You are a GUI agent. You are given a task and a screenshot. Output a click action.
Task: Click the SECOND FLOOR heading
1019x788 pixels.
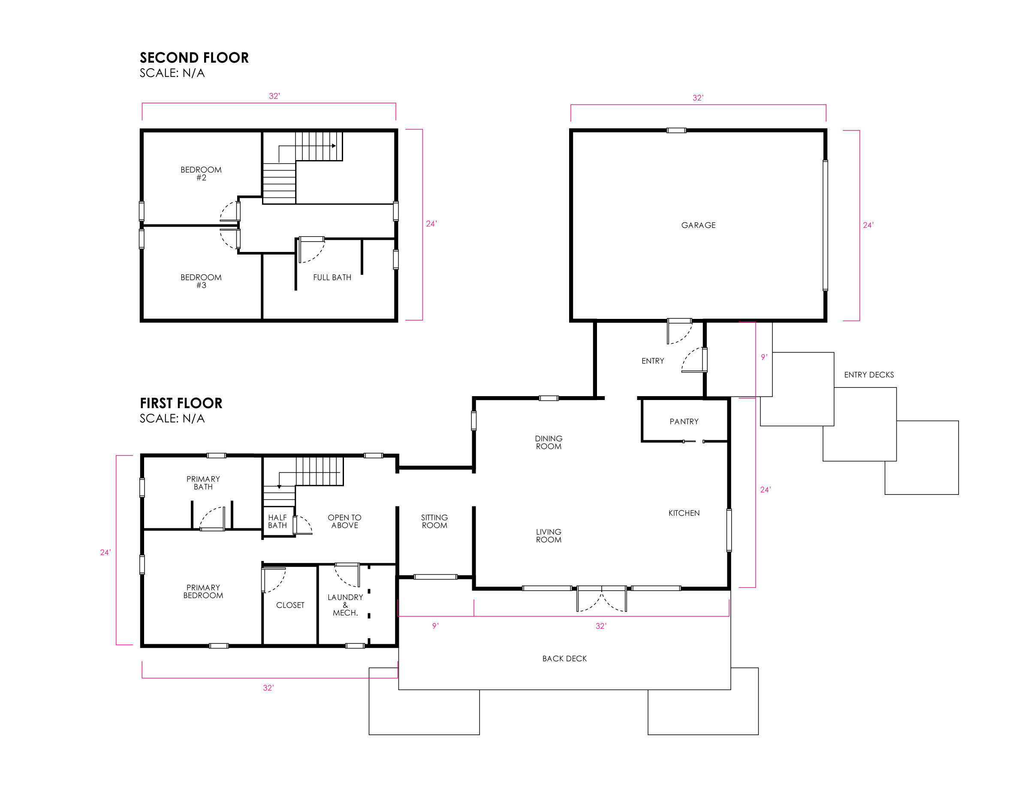[194, 58]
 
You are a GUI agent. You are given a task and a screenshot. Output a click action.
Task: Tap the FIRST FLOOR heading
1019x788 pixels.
[181, 403]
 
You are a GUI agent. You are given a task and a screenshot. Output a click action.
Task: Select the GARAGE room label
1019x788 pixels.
[698, 225]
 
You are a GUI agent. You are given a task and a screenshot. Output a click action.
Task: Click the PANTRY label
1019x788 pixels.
[684, 421]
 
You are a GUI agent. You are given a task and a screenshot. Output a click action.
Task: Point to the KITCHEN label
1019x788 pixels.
[684, 513]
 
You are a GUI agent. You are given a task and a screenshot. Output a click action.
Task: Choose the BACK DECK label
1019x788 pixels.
[564, 658]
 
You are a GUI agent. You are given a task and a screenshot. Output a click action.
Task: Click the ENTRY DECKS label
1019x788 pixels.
[869, 374]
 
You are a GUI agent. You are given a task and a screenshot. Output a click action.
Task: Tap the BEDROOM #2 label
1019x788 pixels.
[201, 173]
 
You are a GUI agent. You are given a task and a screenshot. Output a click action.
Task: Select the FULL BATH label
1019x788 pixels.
[332, 277]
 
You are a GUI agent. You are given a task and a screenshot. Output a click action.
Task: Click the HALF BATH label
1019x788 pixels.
[277, 521]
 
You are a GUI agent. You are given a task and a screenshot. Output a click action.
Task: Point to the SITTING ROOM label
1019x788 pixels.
[434, 521]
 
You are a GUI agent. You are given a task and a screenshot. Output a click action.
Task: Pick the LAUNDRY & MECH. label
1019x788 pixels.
[345, 605]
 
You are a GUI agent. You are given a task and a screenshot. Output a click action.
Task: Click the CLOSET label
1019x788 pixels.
[290, 605]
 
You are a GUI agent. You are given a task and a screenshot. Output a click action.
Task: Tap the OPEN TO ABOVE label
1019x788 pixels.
[344, 521]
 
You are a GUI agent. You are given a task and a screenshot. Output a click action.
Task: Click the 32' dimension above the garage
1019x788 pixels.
[697, 97]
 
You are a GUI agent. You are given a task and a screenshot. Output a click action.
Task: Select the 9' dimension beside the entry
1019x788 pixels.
[764, 357]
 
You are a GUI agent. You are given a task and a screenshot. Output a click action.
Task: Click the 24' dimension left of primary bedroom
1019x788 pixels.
[106, 552]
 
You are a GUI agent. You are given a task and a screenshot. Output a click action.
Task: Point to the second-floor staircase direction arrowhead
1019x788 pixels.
[334, 145]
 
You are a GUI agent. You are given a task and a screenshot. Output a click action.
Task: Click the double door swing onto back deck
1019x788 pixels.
[602, 600]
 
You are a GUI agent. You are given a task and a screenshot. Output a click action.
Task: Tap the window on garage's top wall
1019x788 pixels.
[676, 130]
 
